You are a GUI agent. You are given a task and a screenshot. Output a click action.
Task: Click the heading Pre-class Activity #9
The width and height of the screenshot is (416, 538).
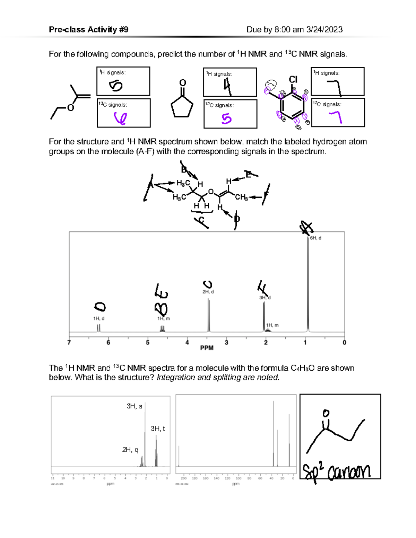(x=88, y=29)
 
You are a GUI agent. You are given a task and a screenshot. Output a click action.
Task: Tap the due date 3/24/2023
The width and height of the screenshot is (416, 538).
(x=324, y=29)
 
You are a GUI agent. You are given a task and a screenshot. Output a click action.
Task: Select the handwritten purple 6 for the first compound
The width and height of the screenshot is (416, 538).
(x=120, y=118)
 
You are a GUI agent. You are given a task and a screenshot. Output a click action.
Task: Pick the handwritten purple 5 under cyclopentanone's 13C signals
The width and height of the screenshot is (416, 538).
(x=226, y=119)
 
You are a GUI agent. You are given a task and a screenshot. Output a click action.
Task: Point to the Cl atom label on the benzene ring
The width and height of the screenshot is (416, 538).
(x=293, y=80)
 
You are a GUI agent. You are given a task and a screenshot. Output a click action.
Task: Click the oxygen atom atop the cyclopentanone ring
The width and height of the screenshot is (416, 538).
(x=182, y=83)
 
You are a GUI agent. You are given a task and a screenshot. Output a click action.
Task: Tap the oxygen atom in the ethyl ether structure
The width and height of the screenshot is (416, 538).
(x=71, y=108)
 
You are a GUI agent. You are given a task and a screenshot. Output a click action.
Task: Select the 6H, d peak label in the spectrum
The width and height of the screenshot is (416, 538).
(x=315, y=238)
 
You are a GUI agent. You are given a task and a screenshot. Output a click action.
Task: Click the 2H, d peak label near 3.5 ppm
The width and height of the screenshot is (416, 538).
(x=208, y=292)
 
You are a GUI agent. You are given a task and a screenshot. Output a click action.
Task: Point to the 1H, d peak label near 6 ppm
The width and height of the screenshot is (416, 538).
(x=99, y=318)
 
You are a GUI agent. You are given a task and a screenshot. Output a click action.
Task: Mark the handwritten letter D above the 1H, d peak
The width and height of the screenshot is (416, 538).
(x=100, y=307)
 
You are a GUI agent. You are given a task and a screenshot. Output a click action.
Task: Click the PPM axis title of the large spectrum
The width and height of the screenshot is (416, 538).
(x=207, y=348)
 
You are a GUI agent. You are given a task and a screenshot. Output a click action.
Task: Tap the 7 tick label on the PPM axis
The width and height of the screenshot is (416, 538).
(x=69, y=343)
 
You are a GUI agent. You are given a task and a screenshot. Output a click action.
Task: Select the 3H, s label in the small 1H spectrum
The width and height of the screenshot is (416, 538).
(x=135, y=406)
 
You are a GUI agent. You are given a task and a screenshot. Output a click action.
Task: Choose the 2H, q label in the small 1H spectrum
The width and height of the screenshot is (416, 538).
(x=130, y=450)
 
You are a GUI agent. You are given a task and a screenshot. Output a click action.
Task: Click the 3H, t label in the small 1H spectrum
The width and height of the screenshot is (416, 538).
(x=158, y=429)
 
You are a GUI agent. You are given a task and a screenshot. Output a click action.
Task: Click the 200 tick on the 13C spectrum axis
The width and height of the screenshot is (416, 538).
(x=184, y=478)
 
